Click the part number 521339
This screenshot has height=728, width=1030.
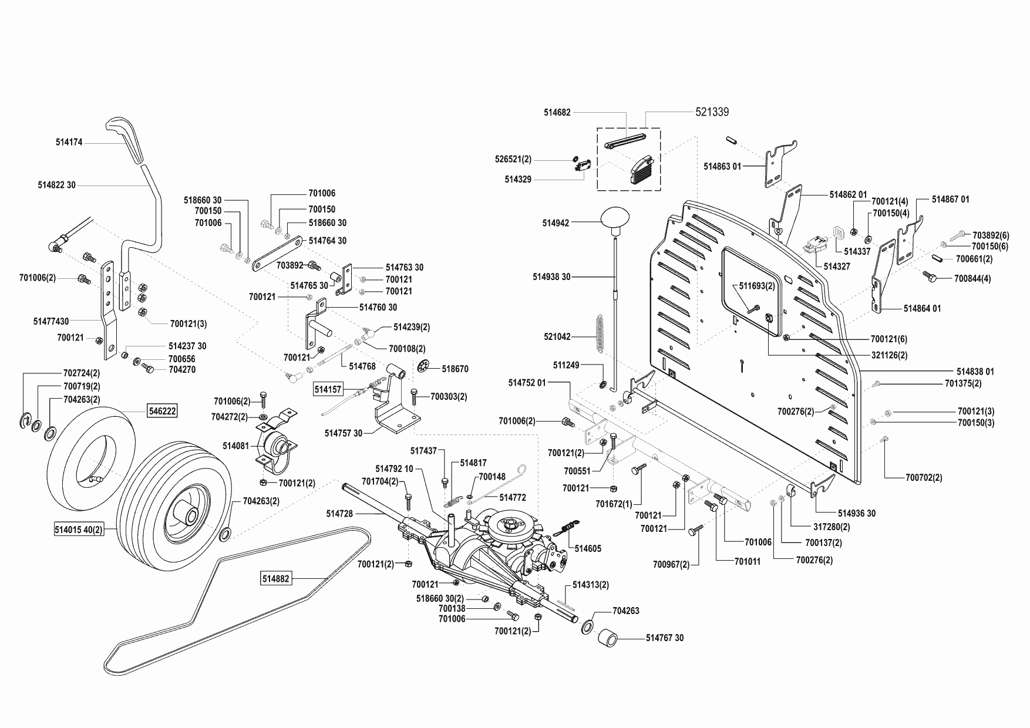(712, 112)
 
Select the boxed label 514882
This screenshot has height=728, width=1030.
(276, 579)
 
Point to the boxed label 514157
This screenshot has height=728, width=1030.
(328, 389)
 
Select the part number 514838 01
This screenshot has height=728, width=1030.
(975, 372)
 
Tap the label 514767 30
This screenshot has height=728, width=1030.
(665, 638)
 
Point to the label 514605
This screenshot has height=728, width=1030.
(588, 549)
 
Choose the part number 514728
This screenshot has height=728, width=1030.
(339, 514)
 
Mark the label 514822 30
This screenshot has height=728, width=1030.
(56, 185)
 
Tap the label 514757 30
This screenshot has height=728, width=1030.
(344, 433)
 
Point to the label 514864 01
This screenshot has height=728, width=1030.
(922, 308)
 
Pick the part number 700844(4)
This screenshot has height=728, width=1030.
(972, 278)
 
